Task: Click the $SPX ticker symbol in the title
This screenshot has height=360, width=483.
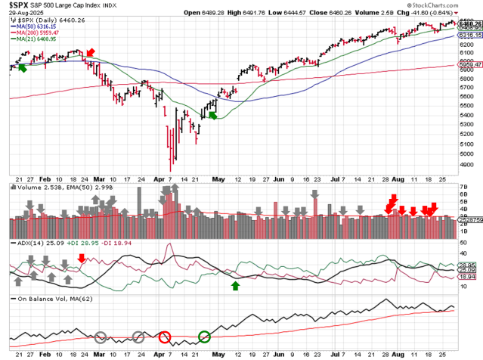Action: (x=19, y=5)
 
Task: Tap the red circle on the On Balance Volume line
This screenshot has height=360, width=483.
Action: (x=165, y=335)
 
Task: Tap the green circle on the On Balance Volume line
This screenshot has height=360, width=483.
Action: (x=204, y=335)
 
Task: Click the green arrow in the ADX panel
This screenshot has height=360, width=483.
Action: (x=236, y=285)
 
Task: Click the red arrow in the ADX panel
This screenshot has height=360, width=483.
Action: (x=82, y=259)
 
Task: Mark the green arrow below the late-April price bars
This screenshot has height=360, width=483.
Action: (x=213, y=114)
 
